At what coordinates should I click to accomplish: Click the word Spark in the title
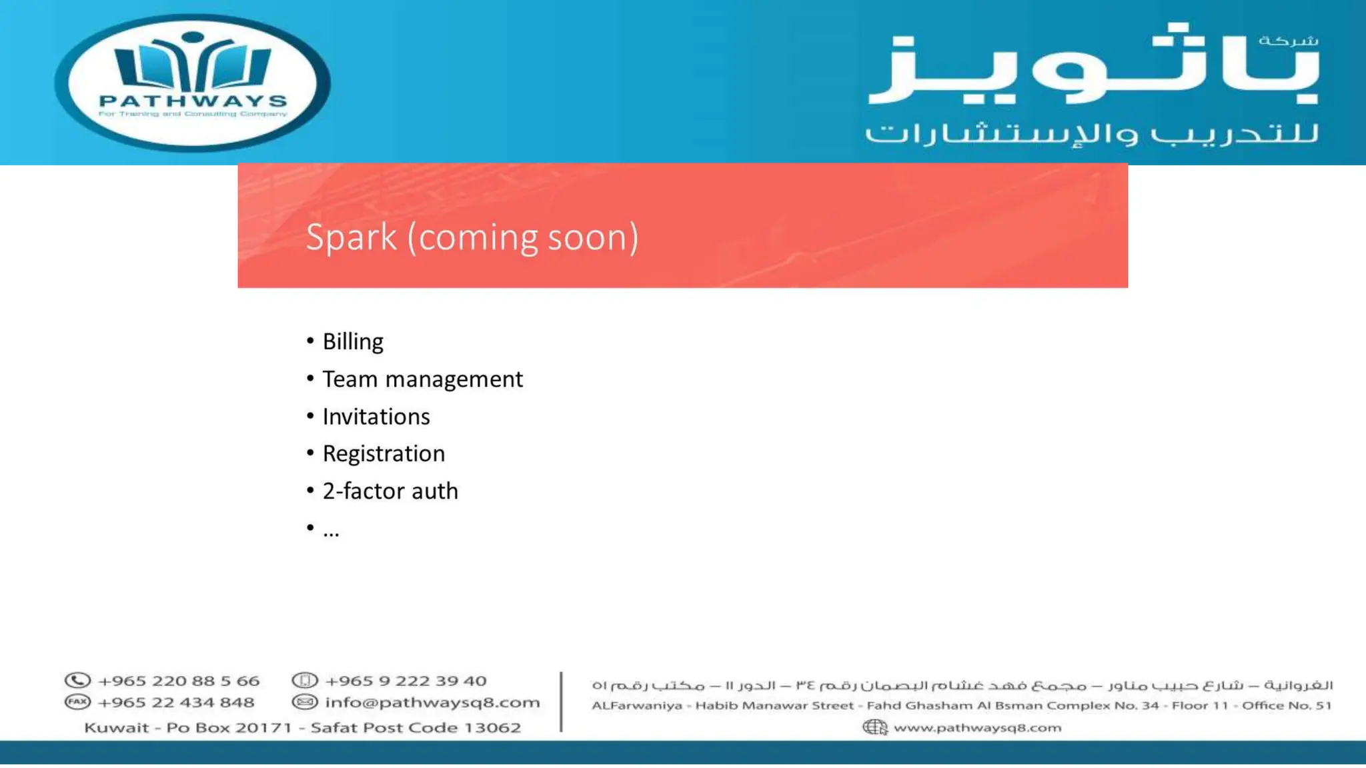pos(351,238)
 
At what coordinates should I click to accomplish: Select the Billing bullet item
pos(353,341)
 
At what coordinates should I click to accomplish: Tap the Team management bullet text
pos(422,379)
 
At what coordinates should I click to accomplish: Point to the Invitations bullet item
pos(376,417)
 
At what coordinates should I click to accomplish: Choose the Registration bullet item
pos(384,454)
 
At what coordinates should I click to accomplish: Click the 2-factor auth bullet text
pos(390,491)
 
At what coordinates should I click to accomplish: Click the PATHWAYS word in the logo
pos(193,101)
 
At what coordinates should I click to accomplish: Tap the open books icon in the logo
pos(193,63)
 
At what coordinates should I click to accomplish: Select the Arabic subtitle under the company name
pos(1092,133)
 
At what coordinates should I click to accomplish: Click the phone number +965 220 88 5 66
pos(178,681)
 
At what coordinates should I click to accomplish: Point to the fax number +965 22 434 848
pos(175,703)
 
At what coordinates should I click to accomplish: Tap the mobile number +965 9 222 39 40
pos(406,681)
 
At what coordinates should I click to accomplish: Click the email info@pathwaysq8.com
pos(432,703)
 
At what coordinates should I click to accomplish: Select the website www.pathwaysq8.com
pos(977,727)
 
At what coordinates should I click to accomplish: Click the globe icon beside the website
pos(874,727)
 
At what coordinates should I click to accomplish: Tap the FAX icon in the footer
pos(77,702)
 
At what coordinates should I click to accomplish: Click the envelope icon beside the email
pos(305,702)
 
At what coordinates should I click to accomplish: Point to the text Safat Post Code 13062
pos(416,727)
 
